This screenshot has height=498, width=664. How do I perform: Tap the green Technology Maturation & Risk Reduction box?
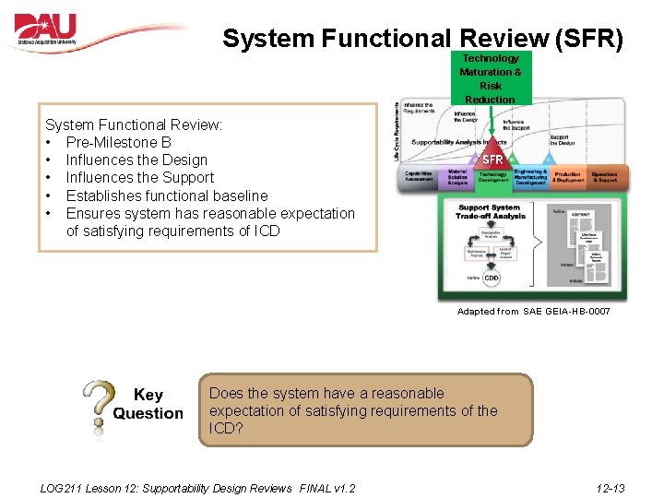(490, 78)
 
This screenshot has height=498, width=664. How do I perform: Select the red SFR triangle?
(492, 160)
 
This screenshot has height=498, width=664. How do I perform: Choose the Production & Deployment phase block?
(567, 177)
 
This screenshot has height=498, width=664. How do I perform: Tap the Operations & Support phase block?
(605, 177)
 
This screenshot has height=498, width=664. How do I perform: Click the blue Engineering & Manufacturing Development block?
(530, 177)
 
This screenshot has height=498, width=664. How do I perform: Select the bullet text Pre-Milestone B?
(118, 142)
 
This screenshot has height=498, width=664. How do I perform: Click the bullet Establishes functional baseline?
(167, 196)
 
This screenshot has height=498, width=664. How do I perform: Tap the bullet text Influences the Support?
(139, 178)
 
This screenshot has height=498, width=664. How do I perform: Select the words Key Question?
(148, 404)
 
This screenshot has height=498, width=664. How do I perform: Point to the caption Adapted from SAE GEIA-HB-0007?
(533, 312)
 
